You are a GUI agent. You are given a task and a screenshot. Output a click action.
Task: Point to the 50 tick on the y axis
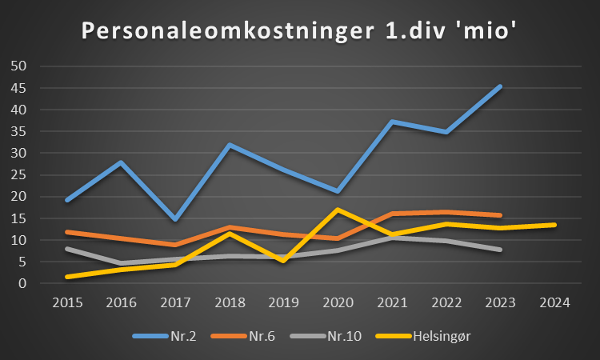[18, 66]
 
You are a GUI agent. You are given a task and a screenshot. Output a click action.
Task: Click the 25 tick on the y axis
[18, 174]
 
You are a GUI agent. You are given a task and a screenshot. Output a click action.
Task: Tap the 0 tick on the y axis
[23, 283]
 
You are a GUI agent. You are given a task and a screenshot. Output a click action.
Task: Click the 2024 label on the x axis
[554, 302]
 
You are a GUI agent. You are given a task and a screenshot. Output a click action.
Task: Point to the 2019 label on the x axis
[283, 302]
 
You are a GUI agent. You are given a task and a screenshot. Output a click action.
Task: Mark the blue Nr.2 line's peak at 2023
[501, 86]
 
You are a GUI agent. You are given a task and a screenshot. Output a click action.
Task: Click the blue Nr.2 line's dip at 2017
[175, 218]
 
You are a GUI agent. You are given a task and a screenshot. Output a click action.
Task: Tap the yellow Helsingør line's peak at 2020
[338, 210]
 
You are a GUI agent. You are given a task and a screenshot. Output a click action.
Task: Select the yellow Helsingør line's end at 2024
[554, 225]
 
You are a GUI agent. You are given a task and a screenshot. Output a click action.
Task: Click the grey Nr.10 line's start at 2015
[66, 249]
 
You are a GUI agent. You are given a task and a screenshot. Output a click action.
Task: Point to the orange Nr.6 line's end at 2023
[501, 215]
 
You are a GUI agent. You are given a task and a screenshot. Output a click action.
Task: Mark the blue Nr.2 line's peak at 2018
[229, 145]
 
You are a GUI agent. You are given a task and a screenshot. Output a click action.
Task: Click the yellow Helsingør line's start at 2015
[66, 277]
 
